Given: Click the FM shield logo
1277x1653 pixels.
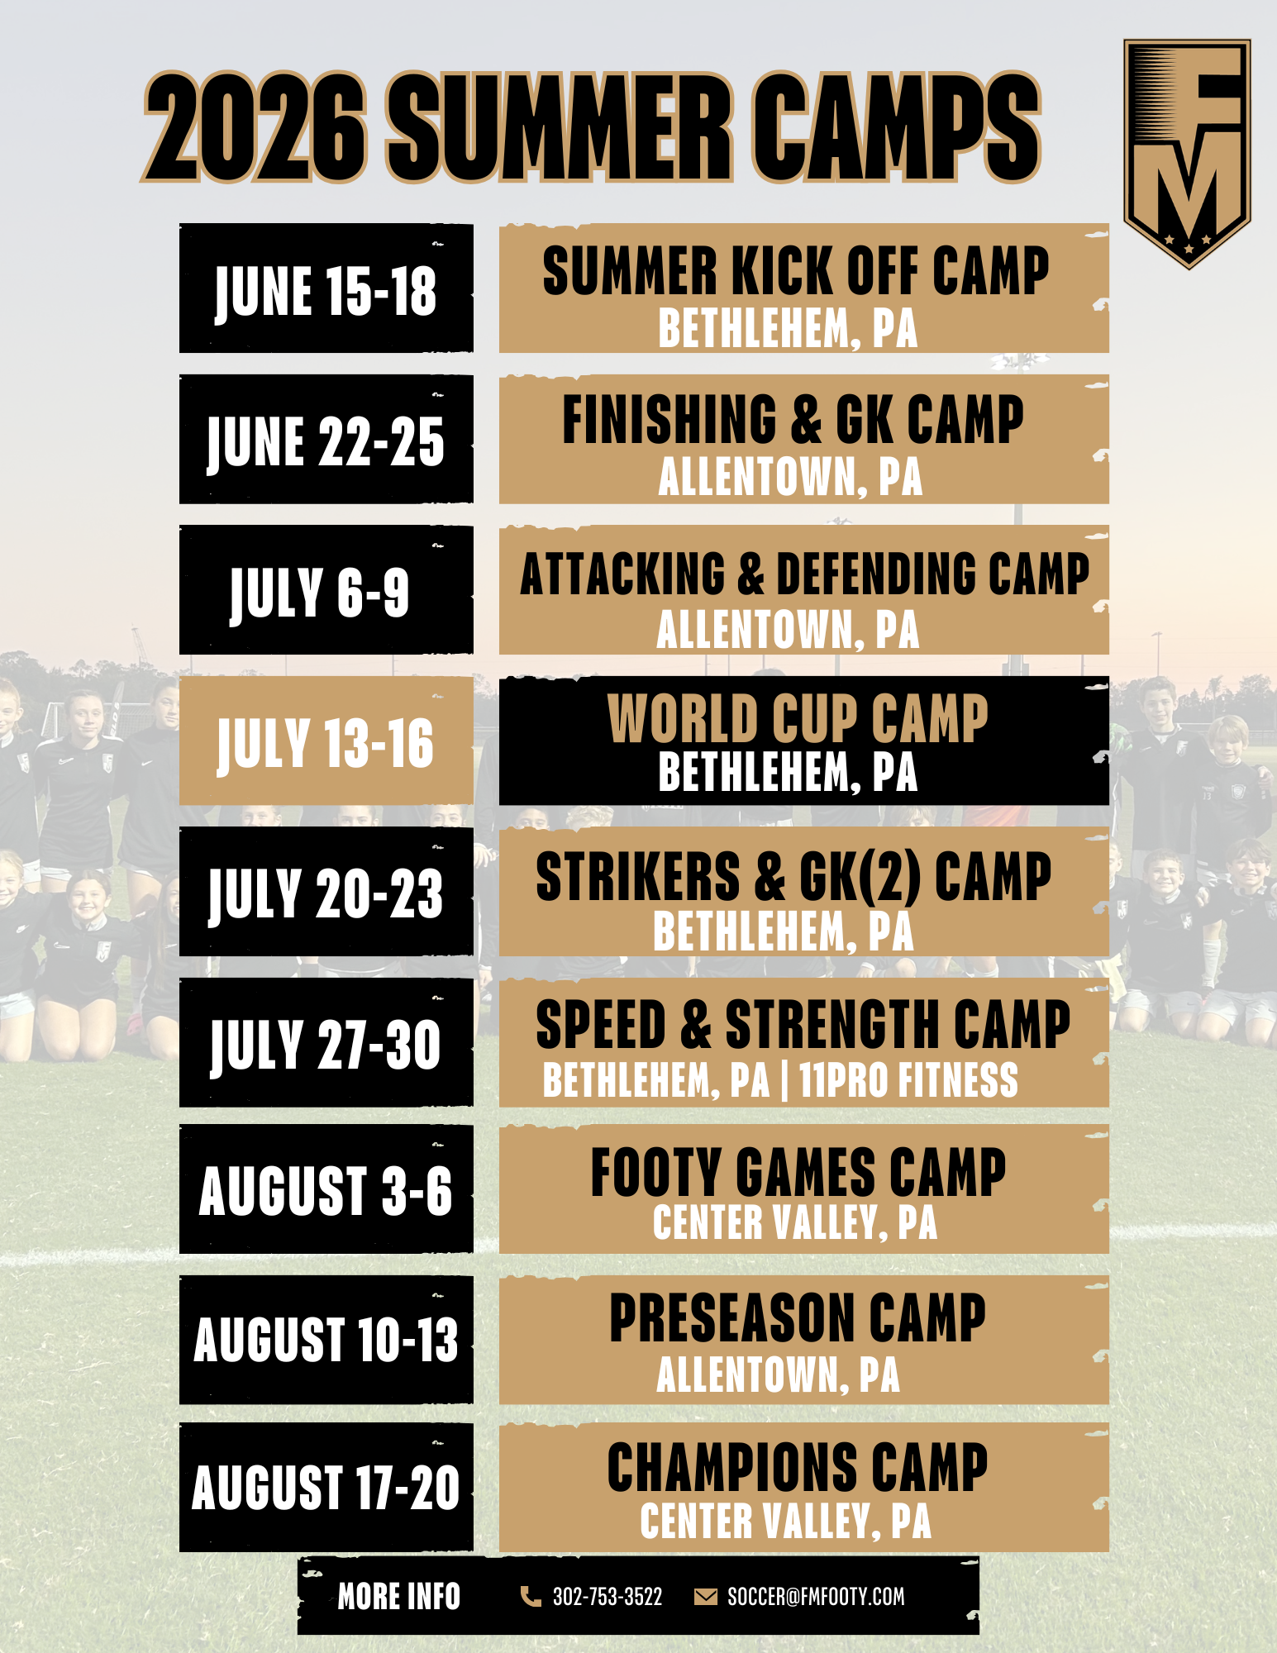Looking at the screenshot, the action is point(1187,154).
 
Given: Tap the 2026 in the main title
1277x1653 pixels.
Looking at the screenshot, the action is point(255,127).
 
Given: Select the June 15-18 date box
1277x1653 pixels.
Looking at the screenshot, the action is point(326,288).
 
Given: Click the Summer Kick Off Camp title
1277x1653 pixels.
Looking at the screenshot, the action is point(795,270).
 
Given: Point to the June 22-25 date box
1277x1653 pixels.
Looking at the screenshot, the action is point(326,439).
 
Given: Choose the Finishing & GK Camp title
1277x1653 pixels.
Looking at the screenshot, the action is point(793,419).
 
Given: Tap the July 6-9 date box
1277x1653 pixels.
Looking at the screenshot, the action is point(326,590).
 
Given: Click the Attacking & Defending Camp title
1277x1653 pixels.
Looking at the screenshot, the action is point(804,573).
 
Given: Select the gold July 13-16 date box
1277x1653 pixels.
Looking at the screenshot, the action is point(326,741).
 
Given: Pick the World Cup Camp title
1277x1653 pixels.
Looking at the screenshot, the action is point(798,717).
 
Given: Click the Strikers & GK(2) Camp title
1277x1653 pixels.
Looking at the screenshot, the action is point(793,876).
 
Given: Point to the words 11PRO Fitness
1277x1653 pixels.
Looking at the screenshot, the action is point(908,1079).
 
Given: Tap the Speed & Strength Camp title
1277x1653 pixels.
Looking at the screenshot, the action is point(803,1024).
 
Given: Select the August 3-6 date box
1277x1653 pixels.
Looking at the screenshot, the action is point(326,1189).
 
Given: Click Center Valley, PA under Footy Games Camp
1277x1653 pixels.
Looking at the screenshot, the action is point(795,1222).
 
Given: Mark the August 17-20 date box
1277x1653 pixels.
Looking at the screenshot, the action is point(326,1488).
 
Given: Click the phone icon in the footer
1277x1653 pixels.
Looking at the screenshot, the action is point(531,1596).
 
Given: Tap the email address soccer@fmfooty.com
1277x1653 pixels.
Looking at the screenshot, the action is point(816,1596).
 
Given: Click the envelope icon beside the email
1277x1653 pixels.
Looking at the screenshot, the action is point(706,1596).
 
